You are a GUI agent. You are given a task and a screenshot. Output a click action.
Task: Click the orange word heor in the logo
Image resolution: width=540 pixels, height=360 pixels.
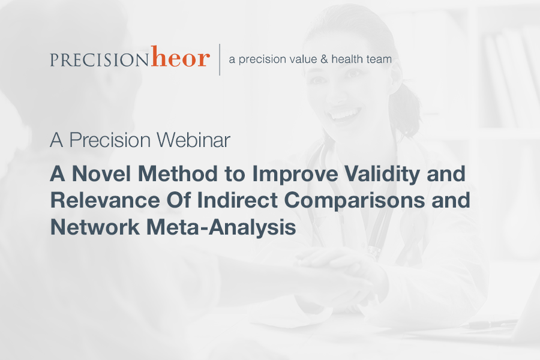(x=180, y=56)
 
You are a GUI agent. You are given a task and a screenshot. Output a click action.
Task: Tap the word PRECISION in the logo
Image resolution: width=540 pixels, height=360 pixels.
(x=99, y=59)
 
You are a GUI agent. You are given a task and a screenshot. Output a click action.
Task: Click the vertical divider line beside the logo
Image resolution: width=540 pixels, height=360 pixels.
(x=220, y=59)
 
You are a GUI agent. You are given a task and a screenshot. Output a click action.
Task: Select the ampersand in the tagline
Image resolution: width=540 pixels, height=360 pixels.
(x=324, y=59)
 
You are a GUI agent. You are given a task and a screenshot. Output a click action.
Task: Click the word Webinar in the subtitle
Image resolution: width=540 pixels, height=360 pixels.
(x=193, y=140)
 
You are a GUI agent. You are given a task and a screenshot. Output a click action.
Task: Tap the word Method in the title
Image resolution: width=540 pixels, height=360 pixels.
(x=178, y=173)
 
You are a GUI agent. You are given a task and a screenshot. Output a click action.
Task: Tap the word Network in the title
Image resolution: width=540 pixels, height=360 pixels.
(x=95, y=227)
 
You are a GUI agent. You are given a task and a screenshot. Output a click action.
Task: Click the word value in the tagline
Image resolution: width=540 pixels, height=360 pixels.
(x=303, y=59)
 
